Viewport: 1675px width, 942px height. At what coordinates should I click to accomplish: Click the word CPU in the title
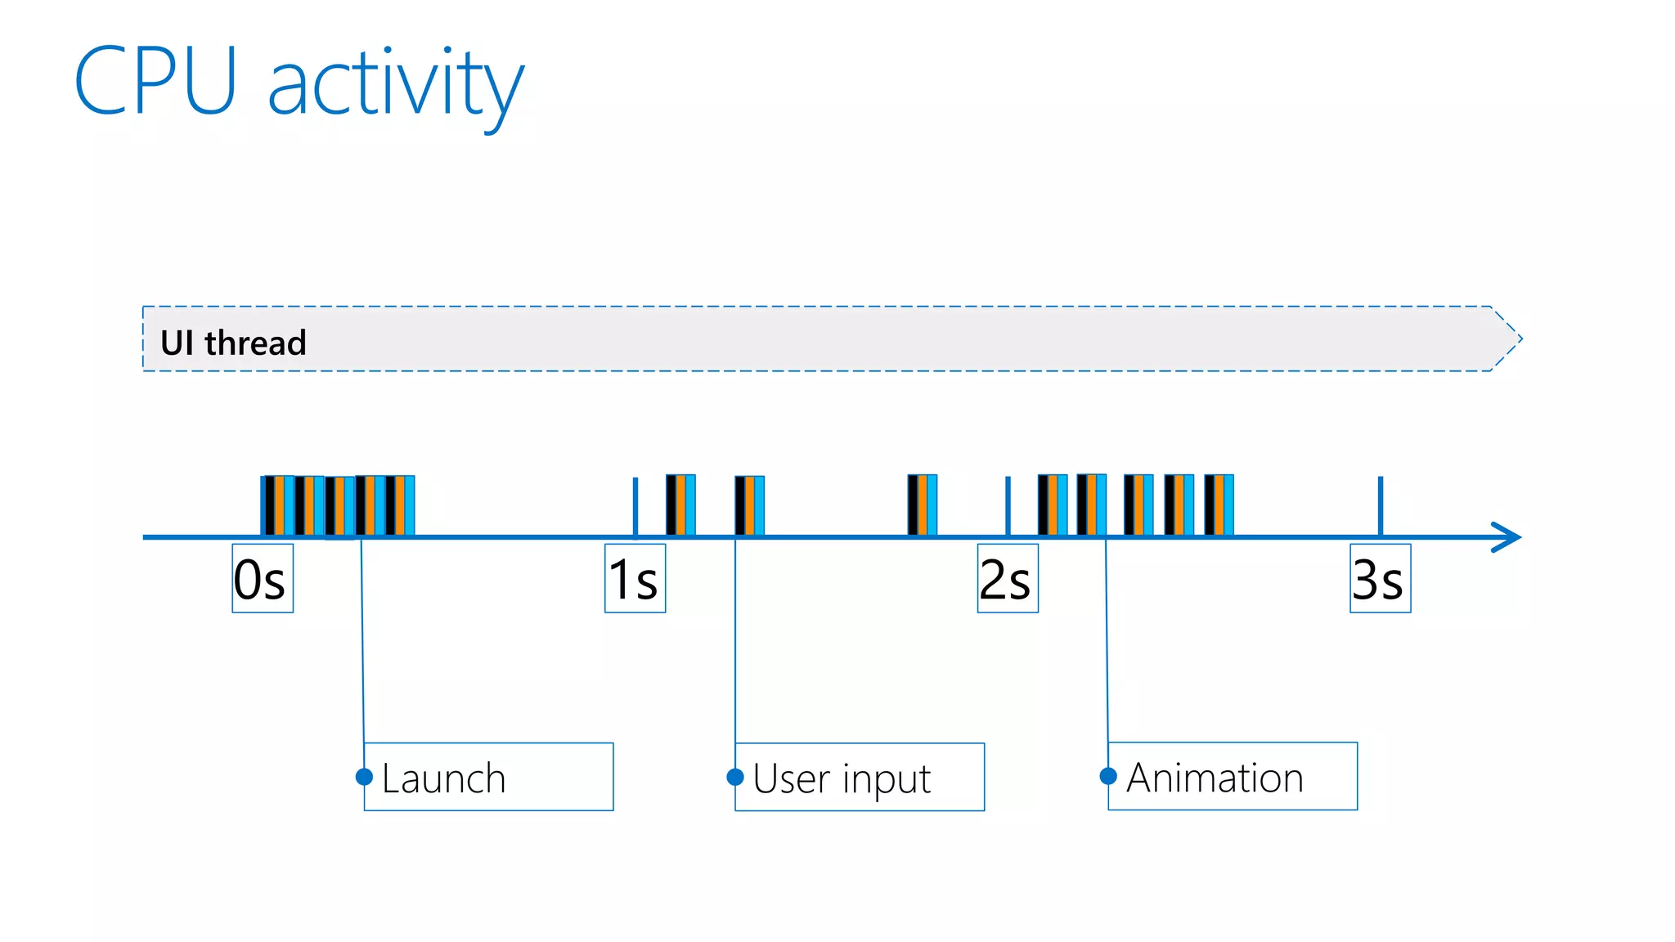pos(155,81)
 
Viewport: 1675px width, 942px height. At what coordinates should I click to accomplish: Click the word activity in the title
pos(396,86)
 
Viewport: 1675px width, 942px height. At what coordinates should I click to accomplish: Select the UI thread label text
pos(233,343)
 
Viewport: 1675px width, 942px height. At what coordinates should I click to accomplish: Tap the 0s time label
pos(262,578)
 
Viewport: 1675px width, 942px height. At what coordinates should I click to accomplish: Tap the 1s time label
pos(635,578)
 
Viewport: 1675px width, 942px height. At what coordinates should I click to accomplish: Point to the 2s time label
pos(1007,578)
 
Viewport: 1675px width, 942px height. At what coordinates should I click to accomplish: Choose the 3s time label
pos(1380,578)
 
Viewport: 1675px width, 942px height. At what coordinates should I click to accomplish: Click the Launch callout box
pos(488,777)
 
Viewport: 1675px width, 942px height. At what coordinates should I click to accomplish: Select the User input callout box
pos(860,777)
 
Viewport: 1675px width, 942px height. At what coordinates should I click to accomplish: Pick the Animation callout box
pos(1233,776)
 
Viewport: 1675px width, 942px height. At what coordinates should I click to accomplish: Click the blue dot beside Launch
pos(365,776)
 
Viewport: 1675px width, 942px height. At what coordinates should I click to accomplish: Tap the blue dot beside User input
pos(735,776)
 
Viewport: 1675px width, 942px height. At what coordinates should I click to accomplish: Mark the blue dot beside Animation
pos(1108,775)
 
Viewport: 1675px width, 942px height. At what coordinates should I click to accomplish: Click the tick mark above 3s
pos(1380,505)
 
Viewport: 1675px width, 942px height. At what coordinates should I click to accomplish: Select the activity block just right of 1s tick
pos(680,505)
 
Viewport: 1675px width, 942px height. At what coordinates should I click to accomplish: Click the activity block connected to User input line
pos(749,505)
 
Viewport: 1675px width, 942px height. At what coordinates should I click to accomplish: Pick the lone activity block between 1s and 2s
pos(922,505)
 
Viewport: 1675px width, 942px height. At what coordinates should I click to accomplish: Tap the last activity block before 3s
pos(1219,505)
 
